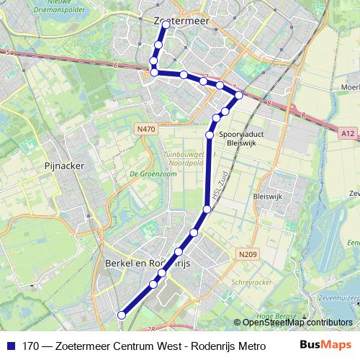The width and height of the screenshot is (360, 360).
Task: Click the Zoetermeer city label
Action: coord(181,22)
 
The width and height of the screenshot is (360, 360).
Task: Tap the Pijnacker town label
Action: coord(65,165)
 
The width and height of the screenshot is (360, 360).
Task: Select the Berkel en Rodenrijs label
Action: coord(147,264)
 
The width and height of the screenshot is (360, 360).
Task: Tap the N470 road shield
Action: coord(145,129)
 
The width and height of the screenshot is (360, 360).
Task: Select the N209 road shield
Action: coord(246,253)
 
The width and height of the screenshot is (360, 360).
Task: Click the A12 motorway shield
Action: coord(348,132)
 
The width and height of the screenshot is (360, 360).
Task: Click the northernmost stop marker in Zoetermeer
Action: coord(166,24)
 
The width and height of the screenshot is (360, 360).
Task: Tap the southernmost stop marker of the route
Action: coord(121,315)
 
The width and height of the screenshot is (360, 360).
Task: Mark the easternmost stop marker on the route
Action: coord(239,95)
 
